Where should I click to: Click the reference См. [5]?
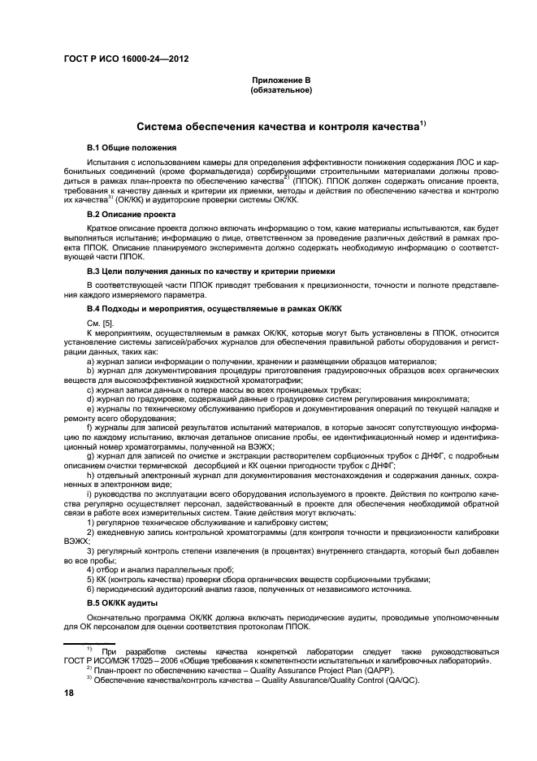(100, 324)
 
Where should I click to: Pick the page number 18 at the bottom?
(70, 692)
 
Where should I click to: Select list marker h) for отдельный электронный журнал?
(91, 475)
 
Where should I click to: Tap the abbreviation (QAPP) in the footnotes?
(377, 671)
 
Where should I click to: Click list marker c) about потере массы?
(91, 389)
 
